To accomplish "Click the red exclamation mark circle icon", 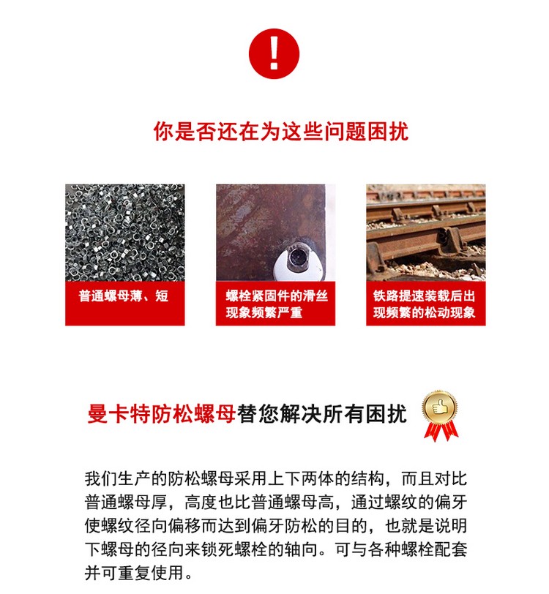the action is (x=274, y=54).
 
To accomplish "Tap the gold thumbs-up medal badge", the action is (x=440, y=416).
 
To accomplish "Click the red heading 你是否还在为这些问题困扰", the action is (x=281, y=132).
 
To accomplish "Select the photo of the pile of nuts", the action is (x=125, y=233).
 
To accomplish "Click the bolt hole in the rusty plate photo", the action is (x=297, y=257).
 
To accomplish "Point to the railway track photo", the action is (x=426, y=233).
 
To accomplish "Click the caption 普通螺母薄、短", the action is (x=124, y=296).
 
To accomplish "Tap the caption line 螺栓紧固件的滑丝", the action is (x=277, y=296).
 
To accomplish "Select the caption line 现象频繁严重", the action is (x=264, y=312).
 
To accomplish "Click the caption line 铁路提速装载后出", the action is (x=425, y=296).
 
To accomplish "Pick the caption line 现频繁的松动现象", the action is (x=425, y=312).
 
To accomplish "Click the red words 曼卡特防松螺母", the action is (x=162, y=414).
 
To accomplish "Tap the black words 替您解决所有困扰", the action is (x=322, y=414).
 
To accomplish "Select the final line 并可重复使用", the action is (x=139, y=573).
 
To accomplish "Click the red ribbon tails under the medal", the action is (x=441, y=432).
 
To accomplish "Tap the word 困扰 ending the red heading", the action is (x=388, y=132).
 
